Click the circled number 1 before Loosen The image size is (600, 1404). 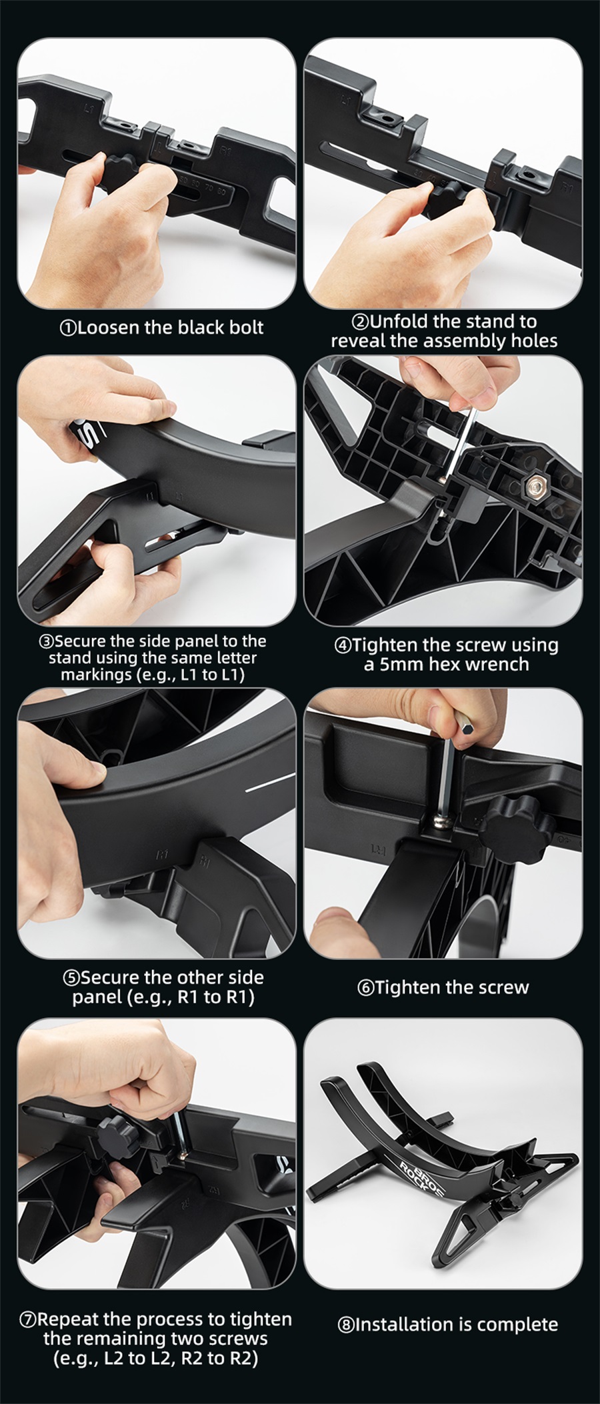tap(68, 328)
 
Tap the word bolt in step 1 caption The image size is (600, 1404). tap(247, 327)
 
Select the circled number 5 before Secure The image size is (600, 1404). tap(71, 978)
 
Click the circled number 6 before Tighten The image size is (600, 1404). tap(365, 988)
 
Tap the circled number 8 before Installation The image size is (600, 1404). tap(346, 1325)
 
